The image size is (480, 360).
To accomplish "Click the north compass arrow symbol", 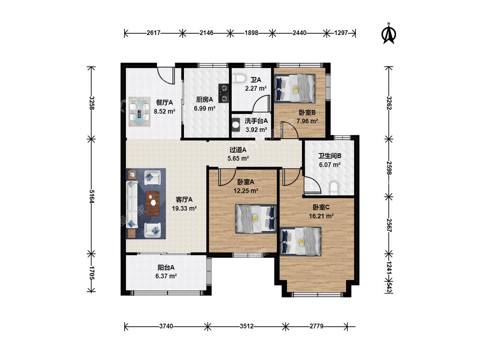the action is tap(389, 34).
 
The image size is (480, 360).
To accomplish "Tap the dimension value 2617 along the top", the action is tap(153, 33).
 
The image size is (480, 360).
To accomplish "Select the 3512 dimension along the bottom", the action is tap(247, 326).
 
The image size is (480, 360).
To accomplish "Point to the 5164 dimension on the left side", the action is tap(91, 196).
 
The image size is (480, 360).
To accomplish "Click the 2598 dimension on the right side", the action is tap(389, 168).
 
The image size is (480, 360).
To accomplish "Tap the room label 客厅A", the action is tap(184, 200).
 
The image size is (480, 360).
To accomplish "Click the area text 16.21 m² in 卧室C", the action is tap(321, 216).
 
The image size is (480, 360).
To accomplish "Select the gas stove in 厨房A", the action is tap(224, 93).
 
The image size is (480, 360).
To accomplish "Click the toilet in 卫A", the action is tap(239, 78).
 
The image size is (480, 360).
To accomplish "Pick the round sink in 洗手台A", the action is tap(236, 125).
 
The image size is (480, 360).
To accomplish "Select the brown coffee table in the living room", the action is tap(152, 203).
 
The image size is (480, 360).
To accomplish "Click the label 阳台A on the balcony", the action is tap(166, 267).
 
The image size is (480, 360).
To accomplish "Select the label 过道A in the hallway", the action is tap(238, 150).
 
